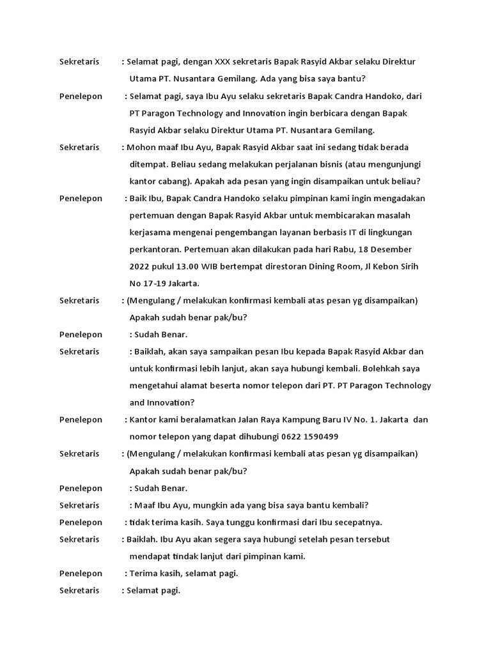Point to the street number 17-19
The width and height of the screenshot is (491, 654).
[156, 283]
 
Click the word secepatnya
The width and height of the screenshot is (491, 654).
[360, 522]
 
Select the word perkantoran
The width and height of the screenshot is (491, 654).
[157, 249]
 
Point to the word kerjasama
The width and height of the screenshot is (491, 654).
[150, 232]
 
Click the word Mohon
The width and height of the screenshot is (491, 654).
[141, 147]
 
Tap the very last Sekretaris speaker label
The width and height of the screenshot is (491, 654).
[79, 590]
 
